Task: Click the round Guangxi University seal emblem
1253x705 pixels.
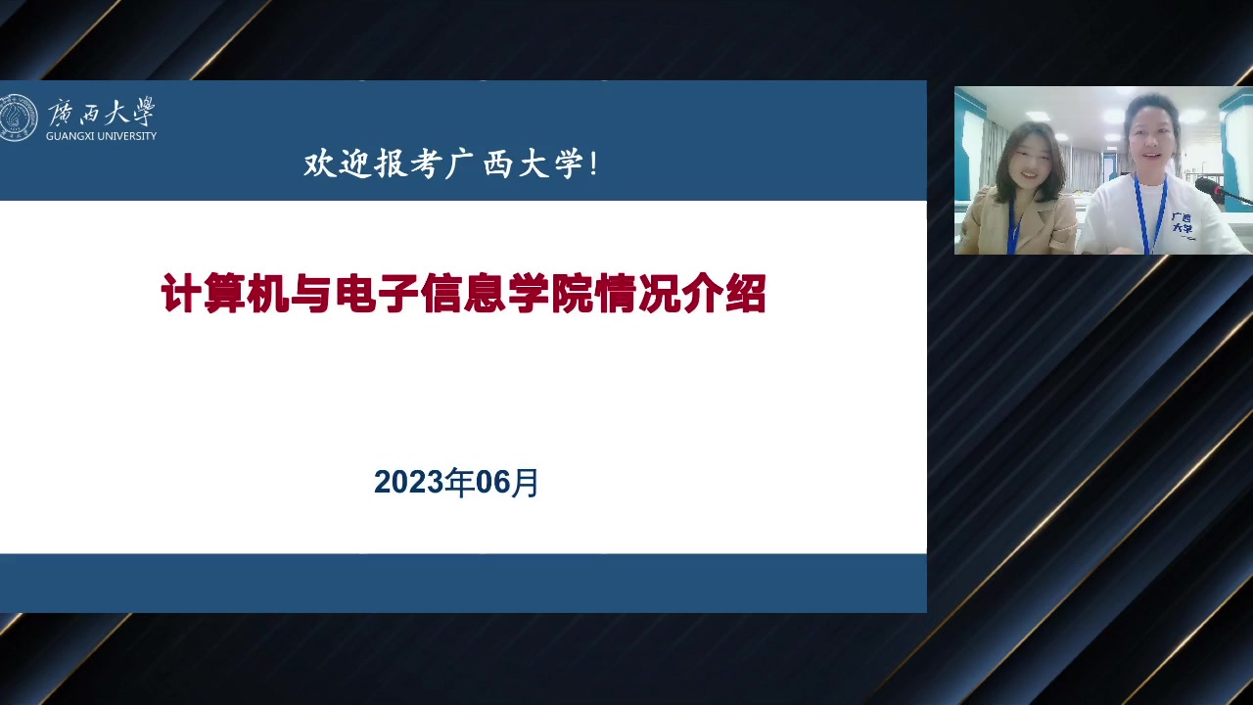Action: pyautogui.click(x=18, y=117)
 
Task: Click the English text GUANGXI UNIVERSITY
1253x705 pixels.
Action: pyautogui.click(x=101, y=136)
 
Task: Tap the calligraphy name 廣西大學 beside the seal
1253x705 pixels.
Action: pyautogui.click(x=101, y=112)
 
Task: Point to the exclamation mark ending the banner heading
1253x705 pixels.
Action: pyautogui.click(x=593, y=164)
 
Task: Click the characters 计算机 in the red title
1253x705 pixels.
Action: pyautogui.click(x=225, y=293)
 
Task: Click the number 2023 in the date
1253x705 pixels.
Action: pyautogui.click(x=408, y=482)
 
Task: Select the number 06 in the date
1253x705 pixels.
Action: pyautogui.click(x=492, y=483)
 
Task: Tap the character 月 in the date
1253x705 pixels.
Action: pyautogui.click(x=525, y=483)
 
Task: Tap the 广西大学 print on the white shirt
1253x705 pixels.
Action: pyautogui.click(x=1182, y=222)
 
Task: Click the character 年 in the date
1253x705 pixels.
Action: pyautogui.click(x=459, y=483)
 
